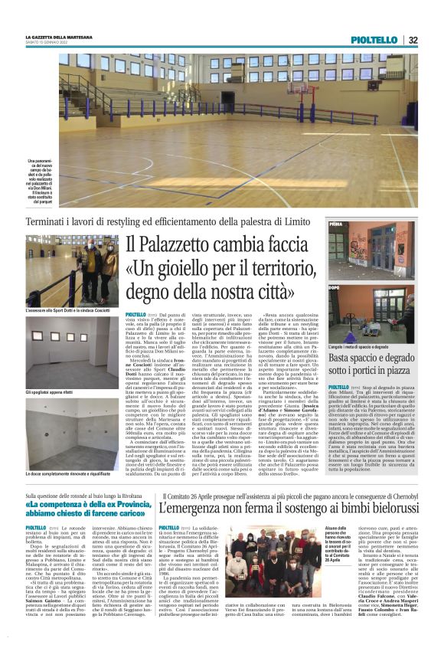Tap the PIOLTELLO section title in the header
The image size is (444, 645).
point(374,39)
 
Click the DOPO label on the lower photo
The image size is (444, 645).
point(335,287)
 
